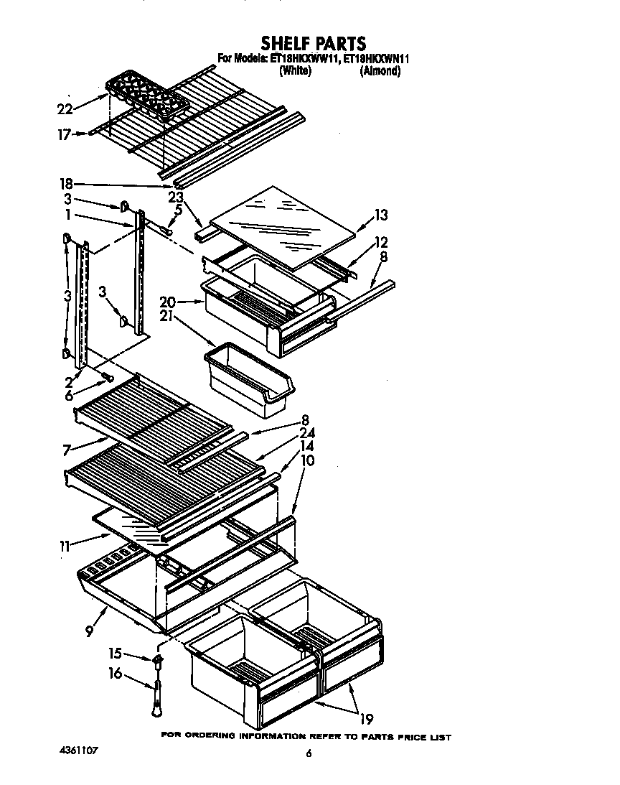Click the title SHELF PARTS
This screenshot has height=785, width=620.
[x=313, y=44]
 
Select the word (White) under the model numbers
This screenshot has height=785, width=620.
[x=294, y=71]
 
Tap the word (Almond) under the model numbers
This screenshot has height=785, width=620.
[x=380, y=71]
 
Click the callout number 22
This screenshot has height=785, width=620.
[x=65, y=109]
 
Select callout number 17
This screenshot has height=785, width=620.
[x=65, y=134]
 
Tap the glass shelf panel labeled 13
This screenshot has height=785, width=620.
[x=284, y=226]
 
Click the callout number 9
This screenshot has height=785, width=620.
[x=89, y=631]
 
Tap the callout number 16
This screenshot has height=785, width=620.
[x=116, y=674]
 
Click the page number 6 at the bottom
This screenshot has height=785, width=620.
[x=309, y=753]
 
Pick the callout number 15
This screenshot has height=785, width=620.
[x=116, y=654]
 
